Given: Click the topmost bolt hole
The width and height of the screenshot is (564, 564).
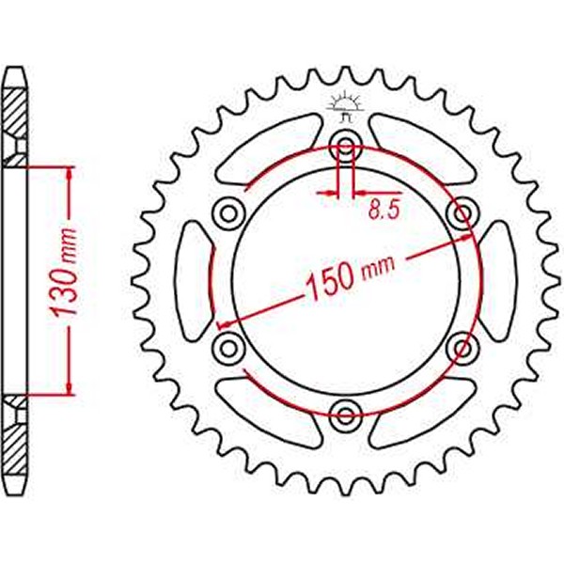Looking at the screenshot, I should [345, 145].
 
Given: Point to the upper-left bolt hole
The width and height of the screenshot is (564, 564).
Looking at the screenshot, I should [227, 211].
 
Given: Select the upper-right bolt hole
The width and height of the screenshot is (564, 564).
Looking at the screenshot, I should [462, 211].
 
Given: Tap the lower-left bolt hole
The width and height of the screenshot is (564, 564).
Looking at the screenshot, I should [227, 347].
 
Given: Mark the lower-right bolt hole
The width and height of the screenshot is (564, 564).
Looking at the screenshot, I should [462, 347].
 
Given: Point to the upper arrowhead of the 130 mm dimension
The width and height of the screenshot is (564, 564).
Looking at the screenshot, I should [69, 175].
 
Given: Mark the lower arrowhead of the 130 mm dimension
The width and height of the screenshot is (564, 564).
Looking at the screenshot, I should [69, 385].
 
